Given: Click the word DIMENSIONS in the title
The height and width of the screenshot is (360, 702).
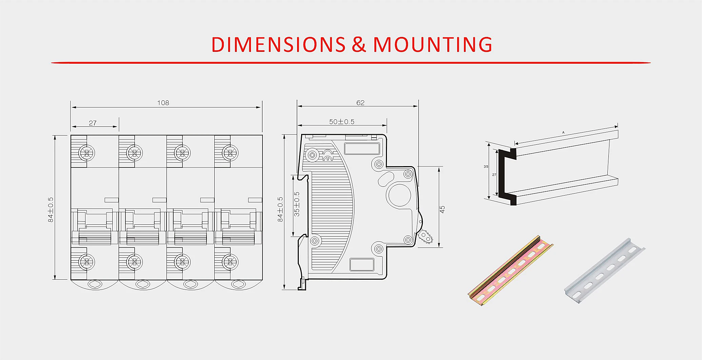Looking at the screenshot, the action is pos(278,44).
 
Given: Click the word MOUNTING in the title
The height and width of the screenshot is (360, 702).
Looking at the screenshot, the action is pos(432,44).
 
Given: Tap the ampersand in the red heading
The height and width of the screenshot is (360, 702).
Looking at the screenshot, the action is pos(359,44).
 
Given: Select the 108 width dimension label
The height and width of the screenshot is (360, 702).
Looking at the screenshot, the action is pos(163,103).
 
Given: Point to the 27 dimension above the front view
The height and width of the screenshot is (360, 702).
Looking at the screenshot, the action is pos(93,123).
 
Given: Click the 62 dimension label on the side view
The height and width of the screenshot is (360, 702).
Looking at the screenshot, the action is pos(360,103).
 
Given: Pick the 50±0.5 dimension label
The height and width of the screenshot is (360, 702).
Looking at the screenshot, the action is pos(342,122).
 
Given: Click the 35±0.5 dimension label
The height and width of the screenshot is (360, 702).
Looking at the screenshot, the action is pos(297,204).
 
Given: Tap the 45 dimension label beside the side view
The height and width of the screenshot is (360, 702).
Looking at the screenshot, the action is pos(442,209).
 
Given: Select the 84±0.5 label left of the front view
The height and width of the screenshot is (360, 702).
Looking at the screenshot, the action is pos(51,209).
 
